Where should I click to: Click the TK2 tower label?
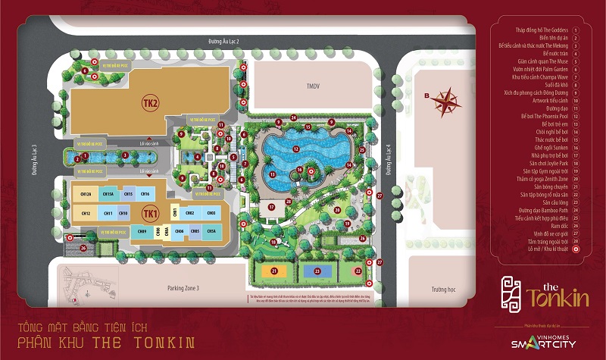point(150,104)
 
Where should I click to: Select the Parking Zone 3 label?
point(183,288)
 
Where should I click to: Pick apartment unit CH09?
point(142,230)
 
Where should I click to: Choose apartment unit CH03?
point(195,230)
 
